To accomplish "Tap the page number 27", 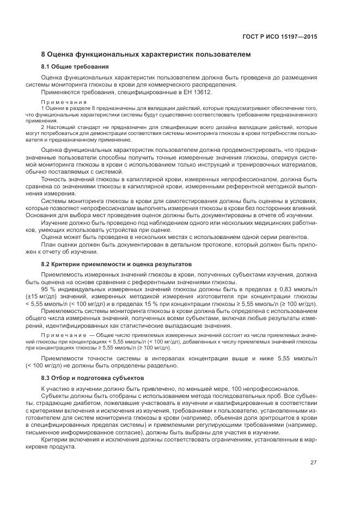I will (x=314, y=463).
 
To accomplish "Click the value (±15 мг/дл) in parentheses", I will (x=57, y=296).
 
